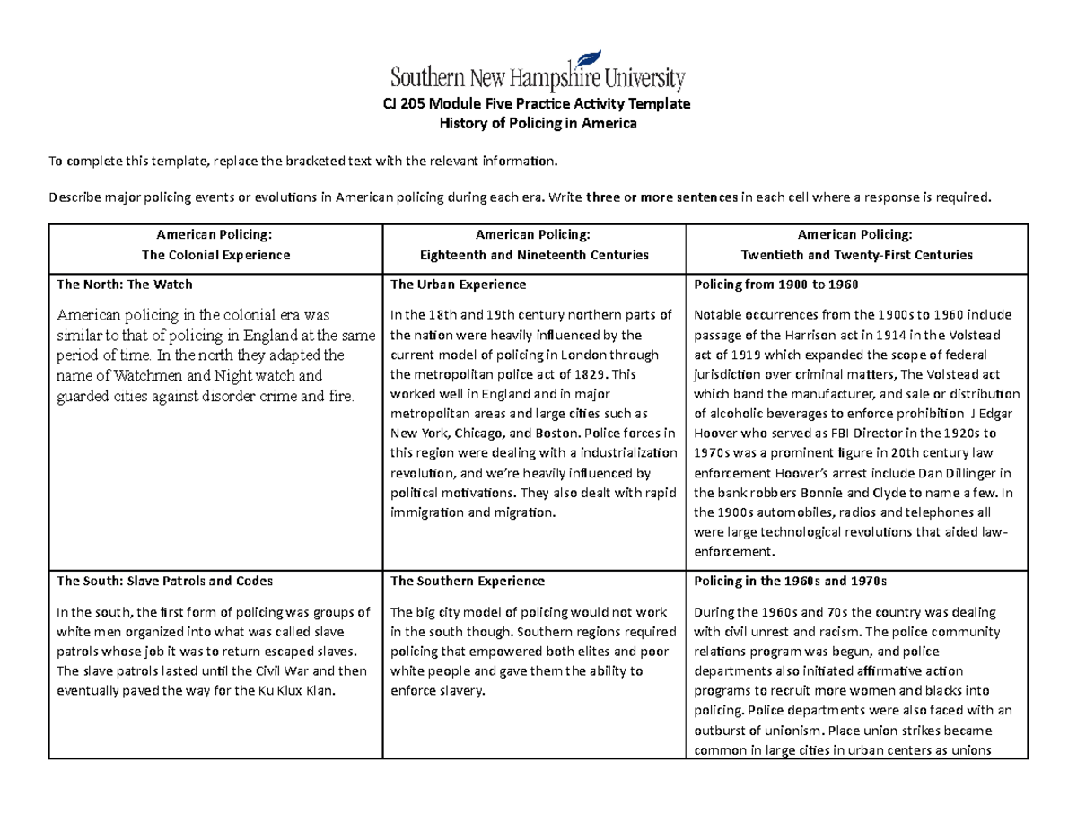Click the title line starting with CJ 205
pyautogui.click(x=537, y=103)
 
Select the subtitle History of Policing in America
pyautogui.click(x=537, y=124)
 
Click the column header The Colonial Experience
pyautogui.click(x=215, y=255)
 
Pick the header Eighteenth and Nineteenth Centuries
pyautogui.click(x=535, y=255)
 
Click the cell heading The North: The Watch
pyautogui.click(x=124, y=285)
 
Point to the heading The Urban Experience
pyautogui.click(x=457, y=285)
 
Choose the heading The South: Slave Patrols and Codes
pyautogui.click(x=164, y=581)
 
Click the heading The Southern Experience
pyautogui.click(x=467, y=581)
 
